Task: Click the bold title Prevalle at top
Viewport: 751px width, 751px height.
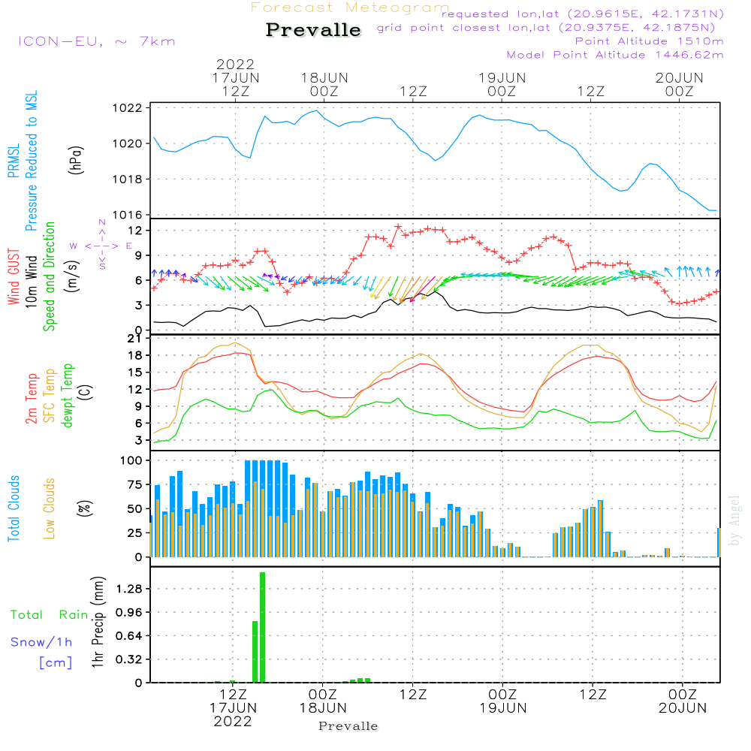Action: click(313, 30)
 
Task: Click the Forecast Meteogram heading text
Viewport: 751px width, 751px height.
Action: click(350, 8)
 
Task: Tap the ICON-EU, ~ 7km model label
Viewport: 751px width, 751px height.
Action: click(96, 41)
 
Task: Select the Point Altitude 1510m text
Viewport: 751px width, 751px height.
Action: click(650, 41)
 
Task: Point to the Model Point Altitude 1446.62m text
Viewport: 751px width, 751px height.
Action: click(615, 55)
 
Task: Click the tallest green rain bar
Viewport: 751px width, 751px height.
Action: click(263, 627)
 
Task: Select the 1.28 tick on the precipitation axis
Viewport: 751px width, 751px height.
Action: click(131, 590)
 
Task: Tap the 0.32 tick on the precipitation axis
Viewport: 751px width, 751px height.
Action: click(131, 659)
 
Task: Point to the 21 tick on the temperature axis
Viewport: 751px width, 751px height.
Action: click(135, 339)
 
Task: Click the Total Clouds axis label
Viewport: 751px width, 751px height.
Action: click(14, 508)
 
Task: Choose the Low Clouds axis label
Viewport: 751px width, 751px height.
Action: click(50, 508)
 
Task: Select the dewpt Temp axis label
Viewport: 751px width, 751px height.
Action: click(68, 396)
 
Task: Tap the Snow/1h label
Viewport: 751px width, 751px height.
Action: click(41, 642)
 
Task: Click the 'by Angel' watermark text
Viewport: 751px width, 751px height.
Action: click(734, 520)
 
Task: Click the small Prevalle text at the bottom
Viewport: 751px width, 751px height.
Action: click(348, 726)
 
